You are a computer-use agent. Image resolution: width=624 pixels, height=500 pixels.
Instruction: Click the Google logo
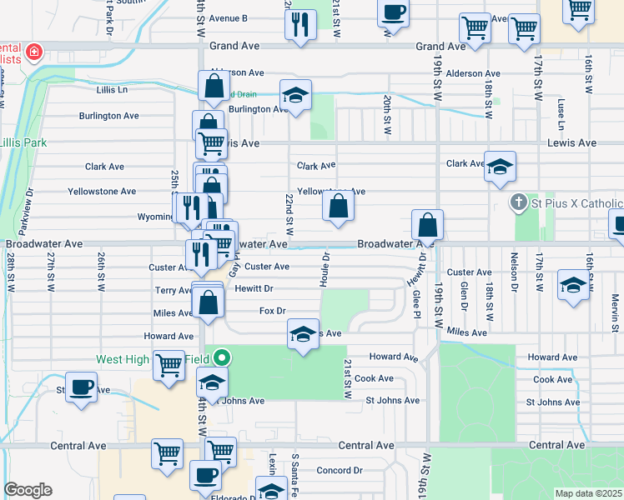point(28,489)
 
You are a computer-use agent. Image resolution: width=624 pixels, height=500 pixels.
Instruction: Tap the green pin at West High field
point(221,359)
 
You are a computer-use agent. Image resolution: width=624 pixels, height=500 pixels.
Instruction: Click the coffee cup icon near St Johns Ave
point(81,387)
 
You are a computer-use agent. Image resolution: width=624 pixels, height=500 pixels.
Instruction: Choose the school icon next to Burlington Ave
point(295,96)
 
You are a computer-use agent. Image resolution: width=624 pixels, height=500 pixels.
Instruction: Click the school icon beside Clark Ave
point(500,167)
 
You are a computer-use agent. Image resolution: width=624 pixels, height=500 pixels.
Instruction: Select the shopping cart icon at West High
point(169,365)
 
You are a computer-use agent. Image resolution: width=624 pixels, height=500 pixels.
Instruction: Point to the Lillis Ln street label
point(112,89)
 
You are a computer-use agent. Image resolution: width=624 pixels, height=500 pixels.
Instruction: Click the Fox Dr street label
point(272,311)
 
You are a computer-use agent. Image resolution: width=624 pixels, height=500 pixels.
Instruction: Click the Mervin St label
point(615,309)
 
